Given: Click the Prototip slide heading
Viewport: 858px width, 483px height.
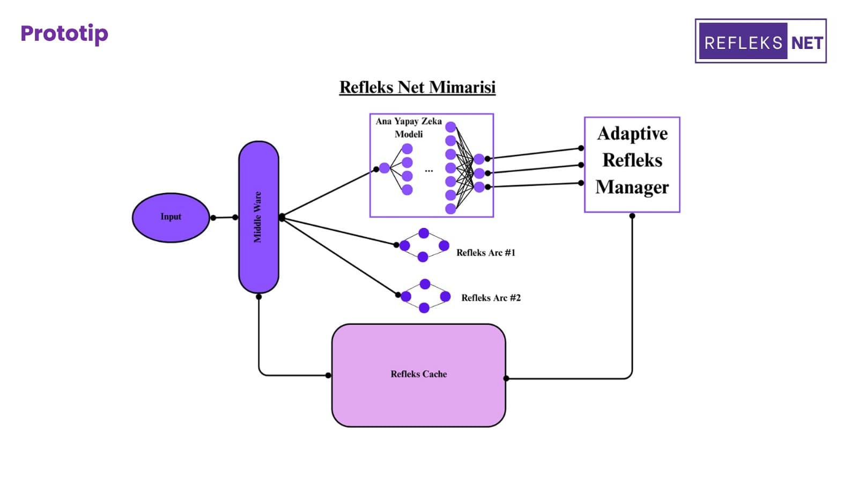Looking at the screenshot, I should coord(64,33).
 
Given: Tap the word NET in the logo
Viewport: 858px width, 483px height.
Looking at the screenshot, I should coord(807,43).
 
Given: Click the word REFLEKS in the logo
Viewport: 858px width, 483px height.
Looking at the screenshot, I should coord(743,43).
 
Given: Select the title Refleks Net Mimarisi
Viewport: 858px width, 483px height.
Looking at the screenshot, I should coord(417,87).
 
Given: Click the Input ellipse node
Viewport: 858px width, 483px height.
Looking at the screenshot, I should coord(171,217).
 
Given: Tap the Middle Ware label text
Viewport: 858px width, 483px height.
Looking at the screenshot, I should coord(258,217).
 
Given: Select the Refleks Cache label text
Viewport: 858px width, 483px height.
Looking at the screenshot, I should coord(418,374).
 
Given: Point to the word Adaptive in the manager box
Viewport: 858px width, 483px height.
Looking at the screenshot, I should coord(632,133).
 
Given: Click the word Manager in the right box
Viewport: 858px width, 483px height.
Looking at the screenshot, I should coord(632,187).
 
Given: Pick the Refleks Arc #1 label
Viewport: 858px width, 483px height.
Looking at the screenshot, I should coord(485,252).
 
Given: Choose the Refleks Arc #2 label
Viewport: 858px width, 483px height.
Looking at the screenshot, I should coord(491,297).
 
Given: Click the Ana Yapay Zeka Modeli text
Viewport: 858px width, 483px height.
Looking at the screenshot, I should coord(409,127).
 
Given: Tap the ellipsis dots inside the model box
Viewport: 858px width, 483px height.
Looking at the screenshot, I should coord(429,171).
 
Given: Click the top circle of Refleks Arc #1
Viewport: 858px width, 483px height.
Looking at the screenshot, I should coord(424,233).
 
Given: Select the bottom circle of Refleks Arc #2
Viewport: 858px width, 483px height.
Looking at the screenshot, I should coord(424,308).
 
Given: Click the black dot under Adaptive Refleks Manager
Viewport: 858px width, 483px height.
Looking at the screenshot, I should coord(632,216).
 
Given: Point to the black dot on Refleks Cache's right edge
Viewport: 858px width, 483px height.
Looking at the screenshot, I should coord(506,378).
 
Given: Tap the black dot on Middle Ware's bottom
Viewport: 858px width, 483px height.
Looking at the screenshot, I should coord(258,296).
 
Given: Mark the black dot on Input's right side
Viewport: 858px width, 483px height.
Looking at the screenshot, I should coord(213,217).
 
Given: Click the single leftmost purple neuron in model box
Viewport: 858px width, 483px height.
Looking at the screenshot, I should coord(384,168).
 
